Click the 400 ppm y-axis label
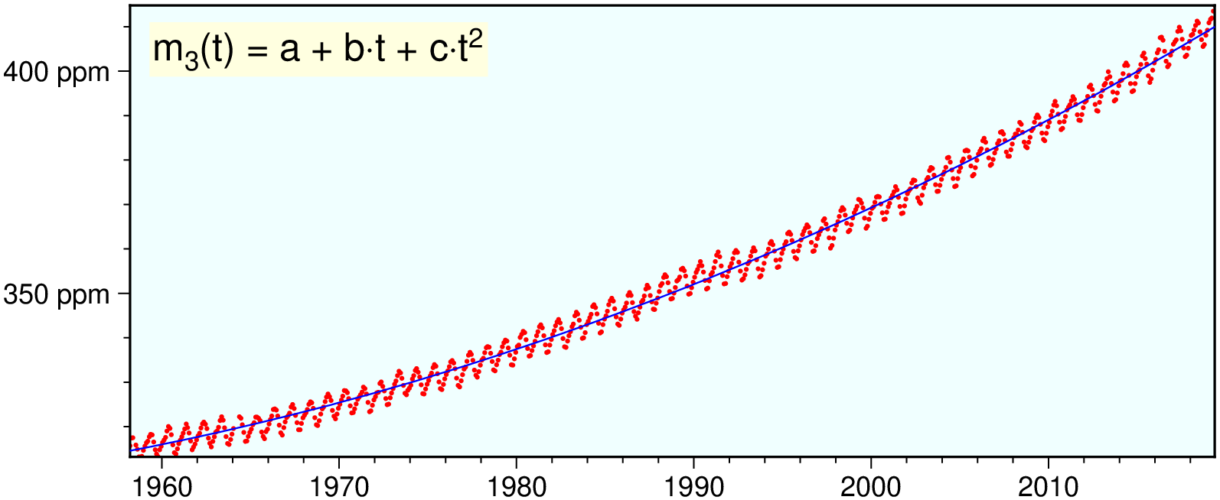[57, 73]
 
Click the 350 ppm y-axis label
[57, 295]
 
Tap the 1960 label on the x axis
[161, 487]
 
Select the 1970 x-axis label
[338, 487]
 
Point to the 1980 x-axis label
[516, 487]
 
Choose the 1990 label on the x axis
[693, 487]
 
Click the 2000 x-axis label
[871, 487]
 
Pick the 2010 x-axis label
[1049, 487]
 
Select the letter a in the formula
[289, 51]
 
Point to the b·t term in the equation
[364, 50]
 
